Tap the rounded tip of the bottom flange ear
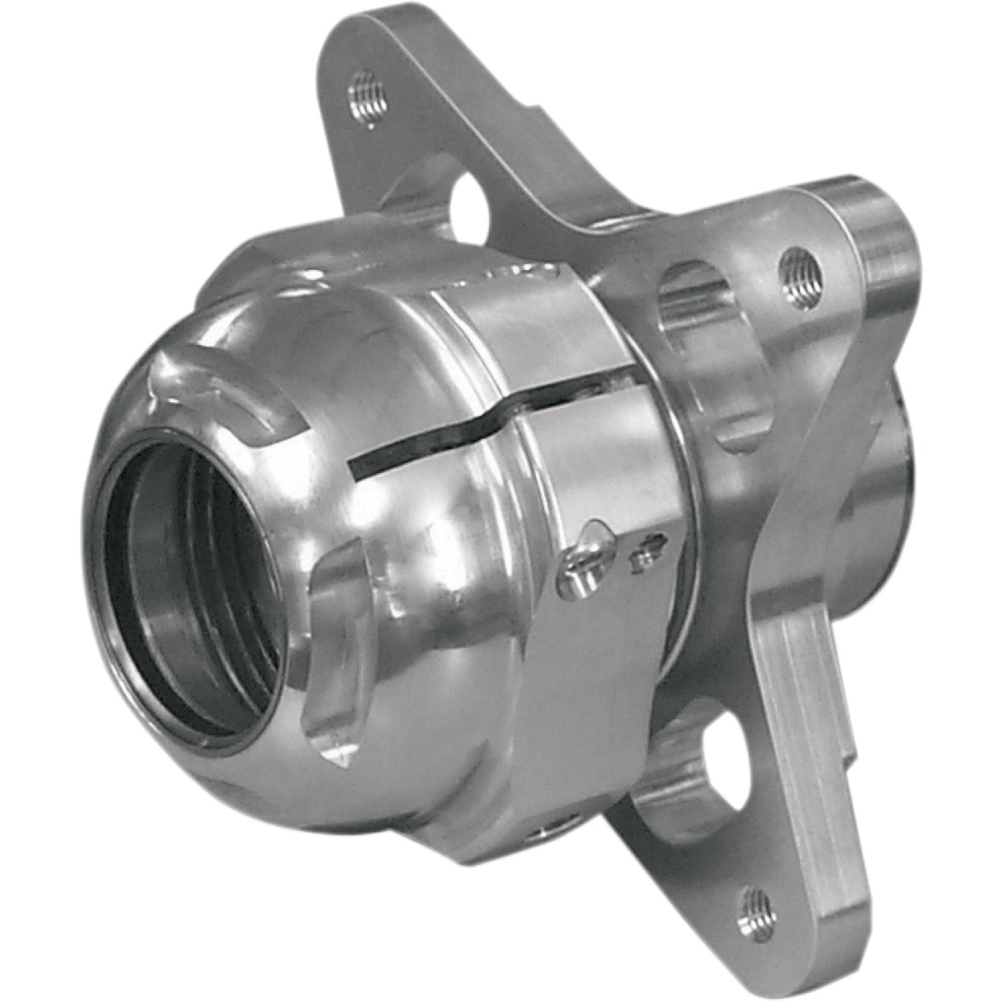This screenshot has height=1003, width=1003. (769, 944)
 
